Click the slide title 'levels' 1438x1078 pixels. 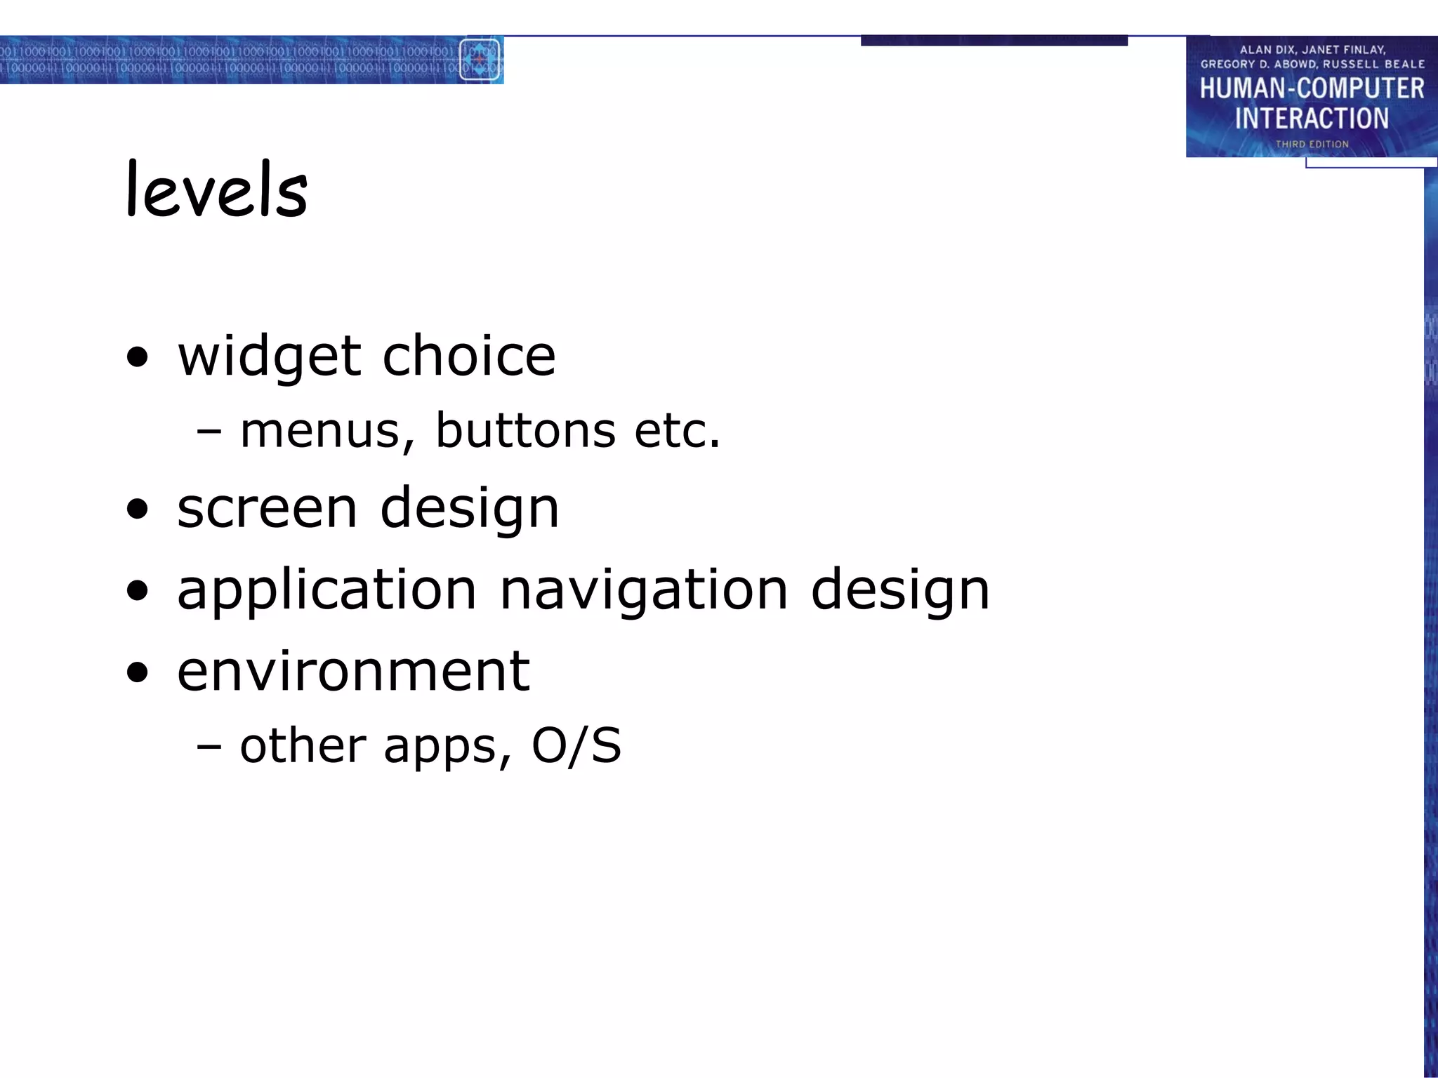click(x=216, y=189)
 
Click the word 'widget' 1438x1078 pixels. click(x=270, y=357)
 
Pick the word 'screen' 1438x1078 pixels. click(x=267, y=508)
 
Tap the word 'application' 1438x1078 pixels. click(x=326, y=590)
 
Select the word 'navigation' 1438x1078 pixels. click(x=644, y=590)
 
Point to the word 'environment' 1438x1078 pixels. click(x=353, y=671)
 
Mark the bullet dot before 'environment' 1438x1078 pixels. click(x=138, y=672)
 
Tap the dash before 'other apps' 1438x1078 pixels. click(x=209, y=746)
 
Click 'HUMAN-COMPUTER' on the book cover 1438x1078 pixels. click(x=1312, y=88)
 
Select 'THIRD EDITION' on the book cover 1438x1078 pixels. click(x=1312, y=144)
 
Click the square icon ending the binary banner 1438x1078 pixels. click(x=480, y=60)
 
